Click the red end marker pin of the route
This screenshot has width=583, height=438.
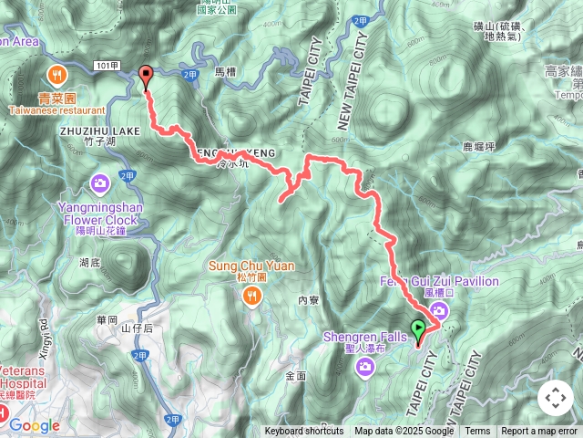(146, 77)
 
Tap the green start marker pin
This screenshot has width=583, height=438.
(419, 330)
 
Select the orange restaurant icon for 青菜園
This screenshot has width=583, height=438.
(56, 73)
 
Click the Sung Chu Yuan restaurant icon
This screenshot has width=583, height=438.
(251, 294)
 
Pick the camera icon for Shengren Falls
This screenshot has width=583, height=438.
(364, 367)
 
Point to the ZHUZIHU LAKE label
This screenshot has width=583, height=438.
(100, 130)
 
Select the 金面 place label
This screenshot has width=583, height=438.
(295, 376)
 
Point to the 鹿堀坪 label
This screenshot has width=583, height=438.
(478, 145)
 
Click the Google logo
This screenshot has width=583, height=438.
(35, 425)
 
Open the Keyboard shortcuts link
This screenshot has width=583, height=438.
(304, 432)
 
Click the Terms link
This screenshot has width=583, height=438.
(477, 432)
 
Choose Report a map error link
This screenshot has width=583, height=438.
(539, 432)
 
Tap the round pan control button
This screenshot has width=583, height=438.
(555, 398)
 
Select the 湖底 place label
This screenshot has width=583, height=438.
(90, 262)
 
